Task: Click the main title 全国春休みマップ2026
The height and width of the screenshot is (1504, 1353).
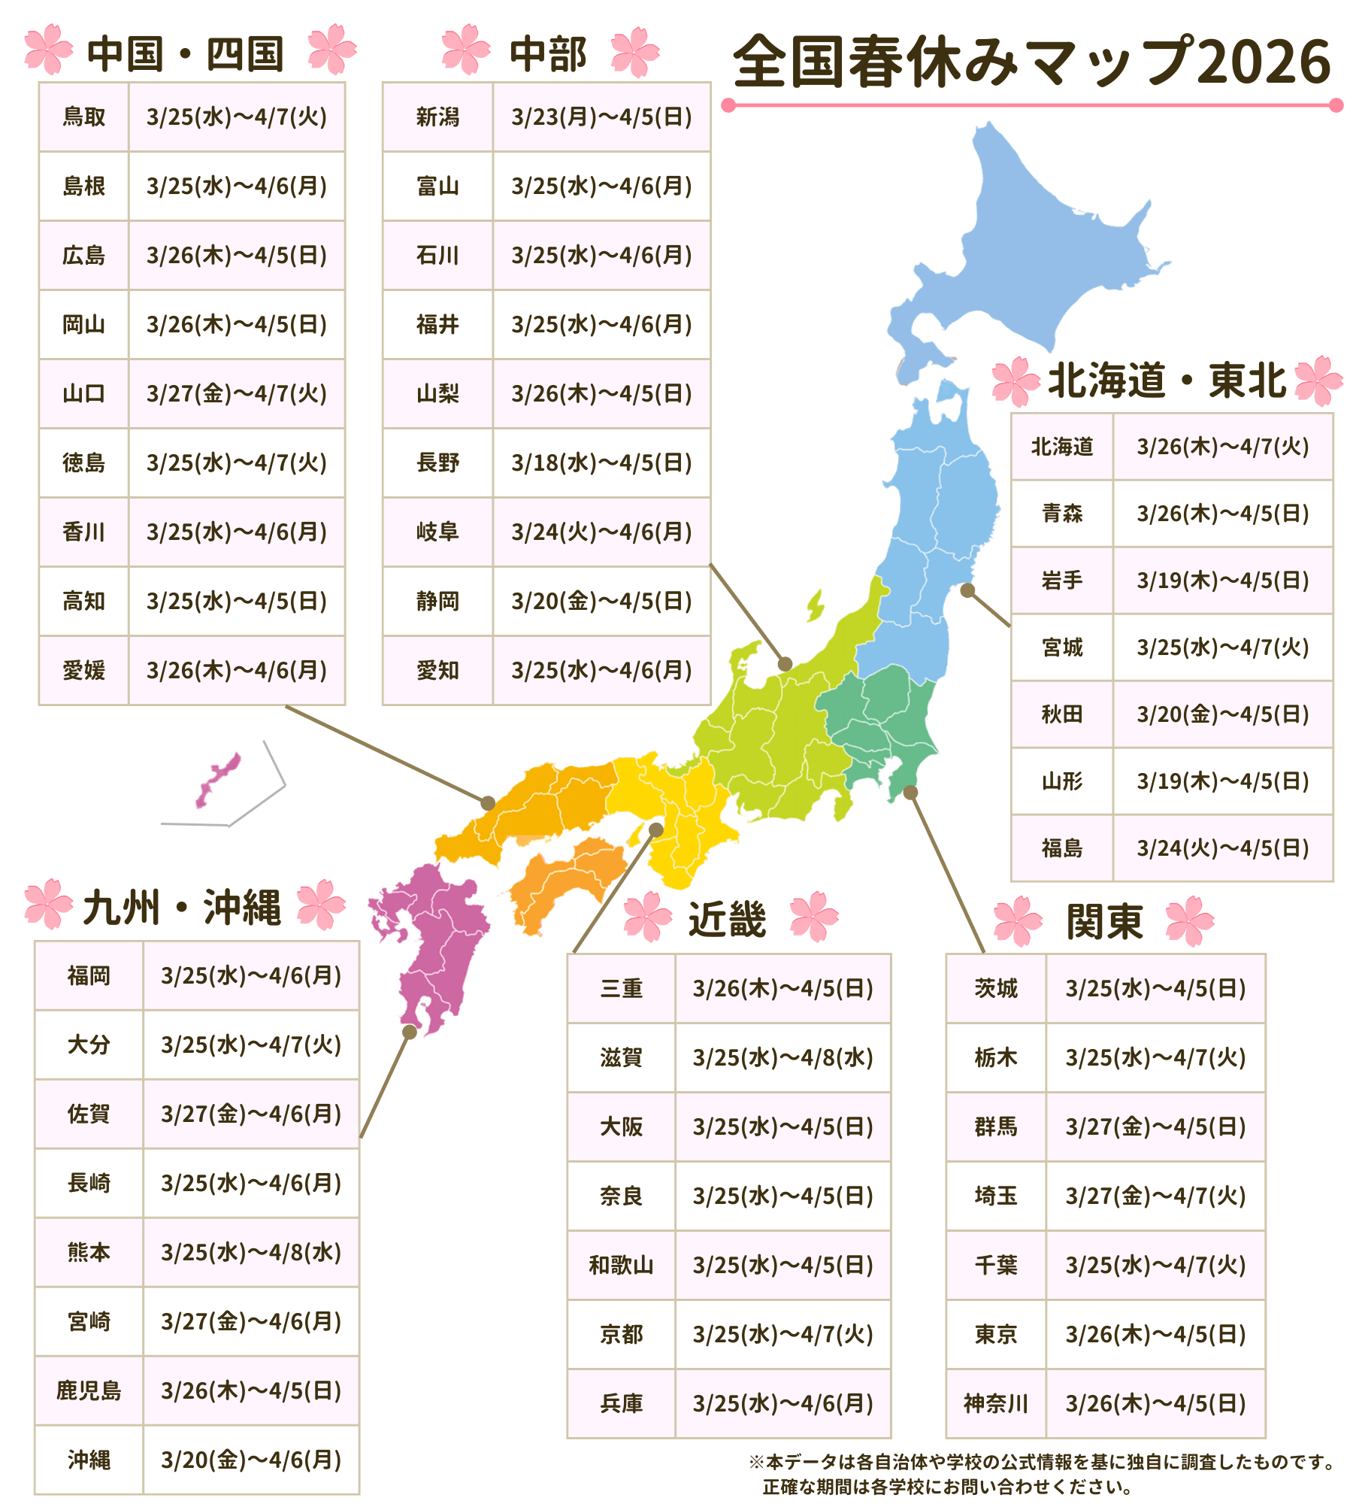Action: [1031, 62]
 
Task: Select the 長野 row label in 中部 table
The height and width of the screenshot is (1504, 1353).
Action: [437, 462]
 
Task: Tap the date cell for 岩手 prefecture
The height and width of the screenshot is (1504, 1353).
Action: [1222, 581]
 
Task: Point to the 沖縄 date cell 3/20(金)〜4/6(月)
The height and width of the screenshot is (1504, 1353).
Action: [251, 1460]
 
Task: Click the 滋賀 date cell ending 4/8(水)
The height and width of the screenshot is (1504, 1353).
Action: [782, 1057]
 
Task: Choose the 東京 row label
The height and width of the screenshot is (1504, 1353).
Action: [995, 1334]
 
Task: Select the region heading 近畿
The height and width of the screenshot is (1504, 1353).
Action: [727, 919]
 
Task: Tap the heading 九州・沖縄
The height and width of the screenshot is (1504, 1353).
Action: [183, 908]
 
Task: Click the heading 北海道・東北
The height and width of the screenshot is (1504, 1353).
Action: [1167, 381]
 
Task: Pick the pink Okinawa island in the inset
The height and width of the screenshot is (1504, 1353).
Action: [218, 779]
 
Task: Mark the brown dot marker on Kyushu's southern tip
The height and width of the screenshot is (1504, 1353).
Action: [410, 1032]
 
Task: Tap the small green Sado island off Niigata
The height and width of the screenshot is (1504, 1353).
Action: [815, 605]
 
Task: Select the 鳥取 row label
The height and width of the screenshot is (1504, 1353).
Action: [83, 117]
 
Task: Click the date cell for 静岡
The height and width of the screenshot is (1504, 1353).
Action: [601, 601]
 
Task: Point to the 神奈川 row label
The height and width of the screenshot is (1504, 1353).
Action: [995, 1403]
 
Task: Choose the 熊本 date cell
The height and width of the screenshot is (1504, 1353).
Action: [251, 1252]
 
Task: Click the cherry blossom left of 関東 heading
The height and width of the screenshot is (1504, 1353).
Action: [1018, 920]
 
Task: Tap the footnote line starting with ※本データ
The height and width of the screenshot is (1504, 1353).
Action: [1041, 1462]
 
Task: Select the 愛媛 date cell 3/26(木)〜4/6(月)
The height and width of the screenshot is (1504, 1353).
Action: [236, 670]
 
